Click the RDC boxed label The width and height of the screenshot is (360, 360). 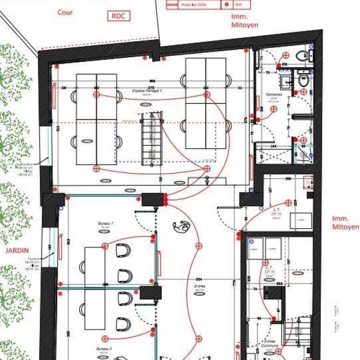click(119, 16)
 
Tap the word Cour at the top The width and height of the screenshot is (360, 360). click(65, 12)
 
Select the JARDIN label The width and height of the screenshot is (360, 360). click(17, 250)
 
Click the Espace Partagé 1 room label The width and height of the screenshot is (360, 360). click(147, 92)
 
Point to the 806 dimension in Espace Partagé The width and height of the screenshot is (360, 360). click(152, 82)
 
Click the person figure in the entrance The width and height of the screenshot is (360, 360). click(180, 228)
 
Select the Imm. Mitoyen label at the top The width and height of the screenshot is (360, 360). click(244, 21)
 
